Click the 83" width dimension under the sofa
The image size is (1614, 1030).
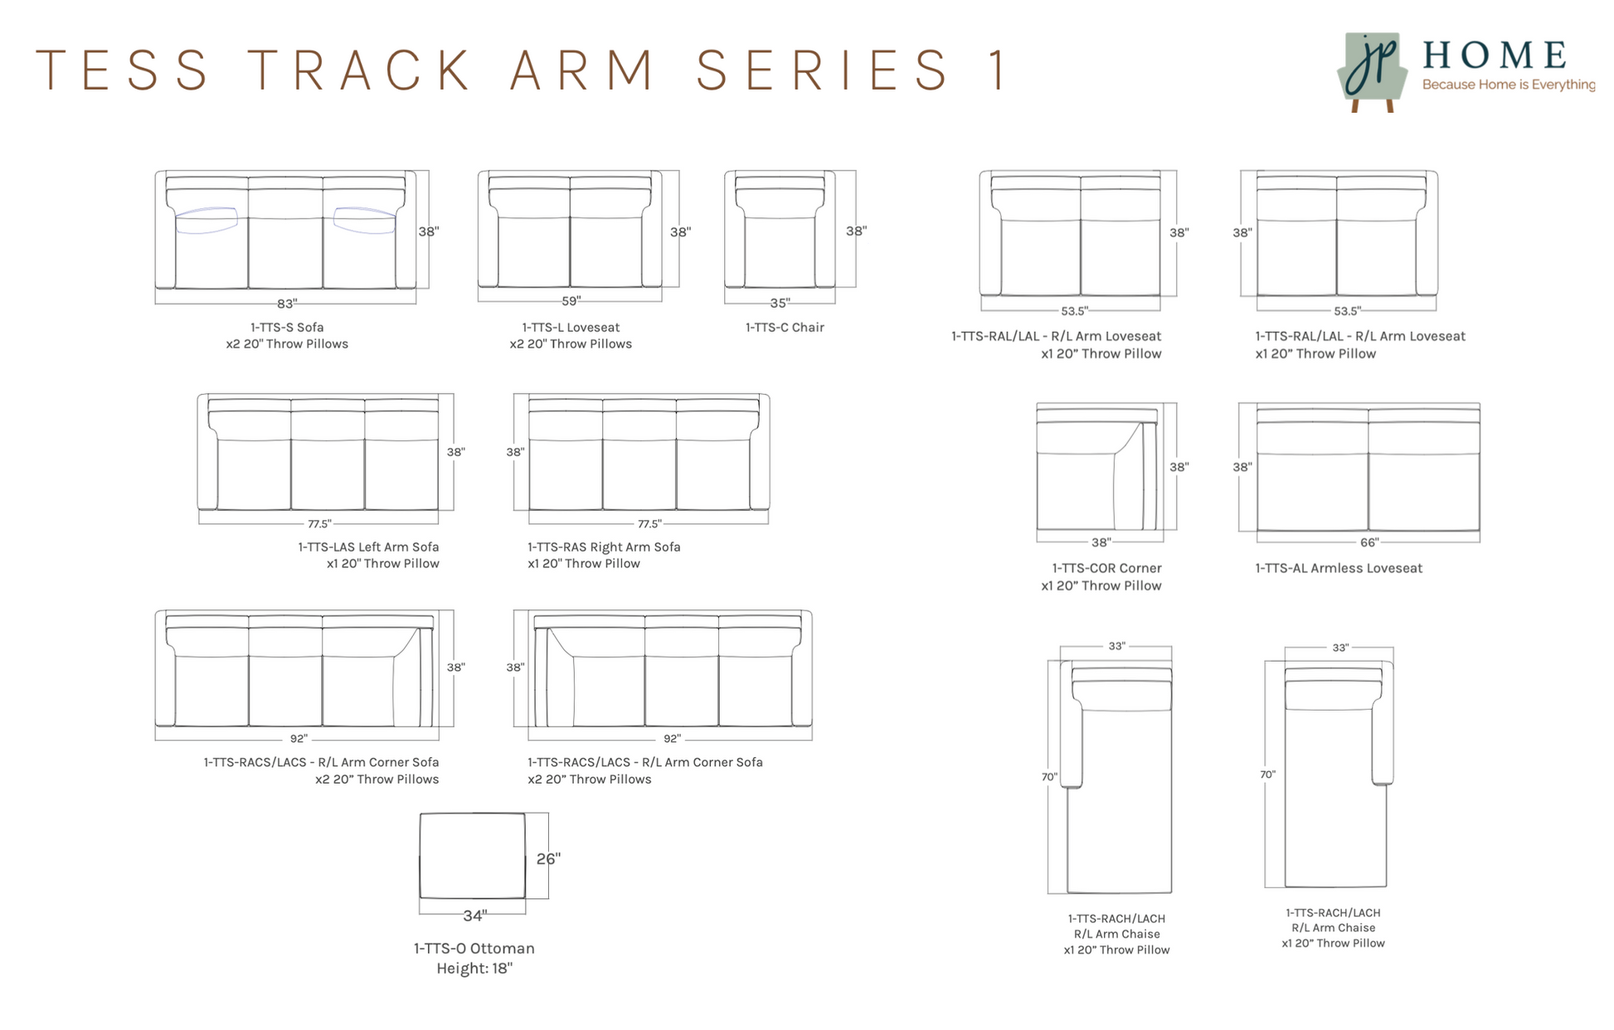(x=286, y=304)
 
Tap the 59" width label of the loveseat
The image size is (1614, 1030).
(x=571, y=301)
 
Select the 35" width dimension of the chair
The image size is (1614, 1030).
(x=780, y=304)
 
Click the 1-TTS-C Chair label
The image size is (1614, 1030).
(x=785, y=328)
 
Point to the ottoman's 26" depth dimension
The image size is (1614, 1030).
(x=547, y=859)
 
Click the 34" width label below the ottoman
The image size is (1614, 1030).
(x=474, y=916)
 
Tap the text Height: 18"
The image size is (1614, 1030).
(x=474, y=969)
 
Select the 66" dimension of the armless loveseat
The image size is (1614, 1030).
(x=1368, y=542)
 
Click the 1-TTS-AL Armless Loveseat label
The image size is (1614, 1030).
(x=1338, y=568)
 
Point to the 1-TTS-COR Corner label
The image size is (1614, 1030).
(x=1106, y=568)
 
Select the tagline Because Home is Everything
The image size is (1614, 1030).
(x=1508, y=85)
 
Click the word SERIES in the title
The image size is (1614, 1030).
(x=822, y=70)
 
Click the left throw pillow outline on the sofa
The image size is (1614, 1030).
(x=207, y=220)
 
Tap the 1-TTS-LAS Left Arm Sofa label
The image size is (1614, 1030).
(x=368, y=547)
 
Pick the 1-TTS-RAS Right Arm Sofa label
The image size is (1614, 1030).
(x=604, y=547)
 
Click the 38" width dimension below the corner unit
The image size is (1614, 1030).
(x=1100, y=542)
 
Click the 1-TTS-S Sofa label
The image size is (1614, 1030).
(x=287, y=328)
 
